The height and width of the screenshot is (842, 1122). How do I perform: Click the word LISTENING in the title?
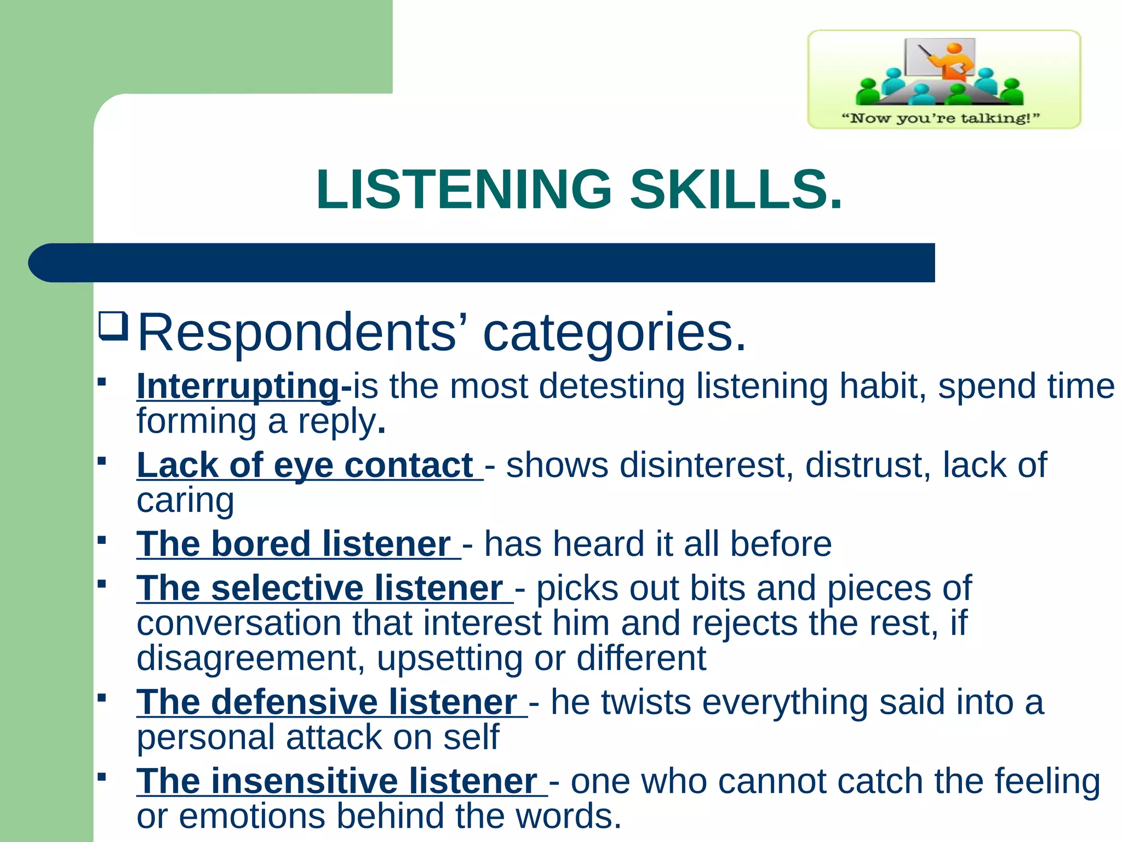click(463, 190)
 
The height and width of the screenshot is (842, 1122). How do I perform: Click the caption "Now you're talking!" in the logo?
click(940, 118)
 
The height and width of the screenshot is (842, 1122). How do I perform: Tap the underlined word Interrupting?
click(238, 386)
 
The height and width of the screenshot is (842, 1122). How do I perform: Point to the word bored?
click(261, 544)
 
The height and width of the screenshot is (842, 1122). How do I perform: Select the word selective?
click(287, 588)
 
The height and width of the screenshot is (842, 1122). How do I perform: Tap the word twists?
click(645, 702)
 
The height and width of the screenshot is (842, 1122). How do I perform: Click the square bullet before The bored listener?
click(101, 540)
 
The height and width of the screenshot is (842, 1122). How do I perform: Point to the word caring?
click(185, 500)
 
